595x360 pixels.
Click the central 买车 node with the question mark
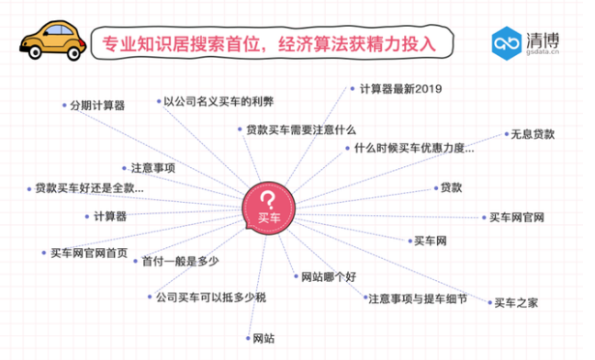tap(268, 208)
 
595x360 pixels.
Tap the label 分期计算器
tap(96, 105)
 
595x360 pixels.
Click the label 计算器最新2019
tap(399, 89)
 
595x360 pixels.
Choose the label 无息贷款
tap(533, 134)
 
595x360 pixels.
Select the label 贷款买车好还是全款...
tap(89, 188)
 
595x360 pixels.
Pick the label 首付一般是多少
tap(180, 262)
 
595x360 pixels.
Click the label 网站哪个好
tap(321, 276)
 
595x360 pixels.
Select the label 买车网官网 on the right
tap(517, 218)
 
